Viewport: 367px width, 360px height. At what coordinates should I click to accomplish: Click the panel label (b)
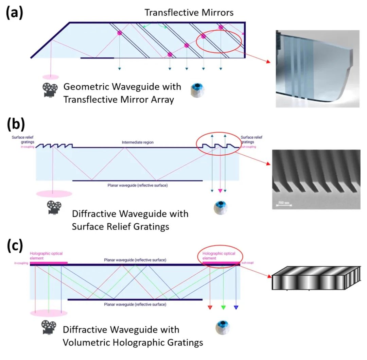coord(16,124)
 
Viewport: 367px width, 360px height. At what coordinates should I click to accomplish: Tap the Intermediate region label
coord(137,142)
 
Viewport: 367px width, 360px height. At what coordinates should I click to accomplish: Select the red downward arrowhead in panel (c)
coord(210,307)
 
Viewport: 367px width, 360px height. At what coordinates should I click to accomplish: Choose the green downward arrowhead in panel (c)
coord(223,307)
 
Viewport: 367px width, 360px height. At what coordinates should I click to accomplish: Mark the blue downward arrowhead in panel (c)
coord(236,307)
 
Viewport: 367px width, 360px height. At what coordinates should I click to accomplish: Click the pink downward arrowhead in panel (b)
coord(220,191)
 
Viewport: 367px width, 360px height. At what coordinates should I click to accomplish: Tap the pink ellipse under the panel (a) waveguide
coord(51,76)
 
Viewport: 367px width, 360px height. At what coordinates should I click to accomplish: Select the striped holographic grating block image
coord(315,278)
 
